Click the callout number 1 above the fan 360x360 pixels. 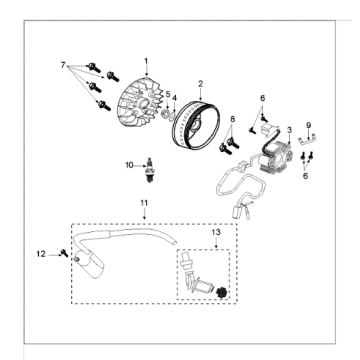(x=146, y=61)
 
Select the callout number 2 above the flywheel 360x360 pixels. (x=200, y=83)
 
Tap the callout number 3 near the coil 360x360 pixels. (x=289, y=130)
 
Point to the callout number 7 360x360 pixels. (x=63, y=65)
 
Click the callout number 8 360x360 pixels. (x=232, y=119)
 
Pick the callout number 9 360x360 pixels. (x=309, y=125)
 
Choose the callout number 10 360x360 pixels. (x=129, y=165)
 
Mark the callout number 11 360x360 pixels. (x=144, y=203)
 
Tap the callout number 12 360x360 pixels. (x=41, y=254)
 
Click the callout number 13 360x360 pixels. (x=216, y=232)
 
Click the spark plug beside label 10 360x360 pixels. (x=149, y=170)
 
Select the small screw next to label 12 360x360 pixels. (x=64, y=253)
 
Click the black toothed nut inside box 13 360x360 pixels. (x=221, y=292)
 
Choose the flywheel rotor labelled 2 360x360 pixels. (x=197, y=128)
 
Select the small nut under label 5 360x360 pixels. (x=164, y=114)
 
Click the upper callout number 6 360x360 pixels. (x=263, y=98)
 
